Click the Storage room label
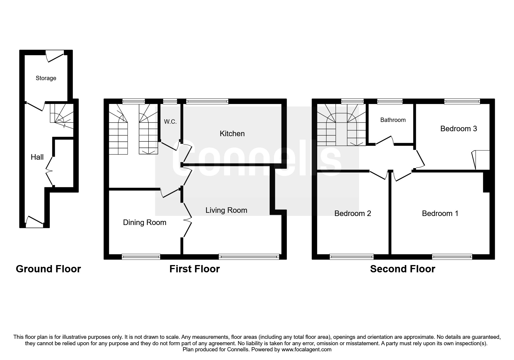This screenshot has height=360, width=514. (46, 78)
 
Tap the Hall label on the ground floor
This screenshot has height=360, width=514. (37, 157)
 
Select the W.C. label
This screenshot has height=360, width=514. (170, 122)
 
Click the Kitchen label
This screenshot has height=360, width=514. (232, 134)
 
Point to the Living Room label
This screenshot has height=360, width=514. (226, 210)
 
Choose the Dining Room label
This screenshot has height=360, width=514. (145, 222)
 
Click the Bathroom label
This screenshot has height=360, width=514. (393, 120)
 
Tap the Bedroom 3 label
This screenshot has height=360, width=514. (459, 129)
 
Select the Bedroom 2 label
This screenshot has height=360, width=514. (353, 213)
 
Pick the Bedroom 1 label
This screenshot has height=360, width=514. (440, 213)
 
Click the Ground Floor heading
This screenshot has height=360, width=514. (48, 269)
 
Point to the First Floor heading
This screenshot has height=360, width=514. (194, 269)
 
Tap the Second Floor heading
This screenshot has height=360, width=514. (403, 269)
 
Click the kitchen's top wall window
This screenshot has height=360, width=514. (207, 101)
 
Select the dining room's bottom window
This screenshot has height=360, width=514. (141, 257)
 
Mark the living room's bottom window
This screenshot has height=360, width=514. (249, 257)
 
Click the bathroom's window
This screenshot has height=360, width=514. (390, 101)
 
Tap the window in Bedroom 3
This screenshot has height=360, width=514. (462, 101)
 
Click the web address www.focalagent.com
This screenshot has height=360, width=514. (306, 350)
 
